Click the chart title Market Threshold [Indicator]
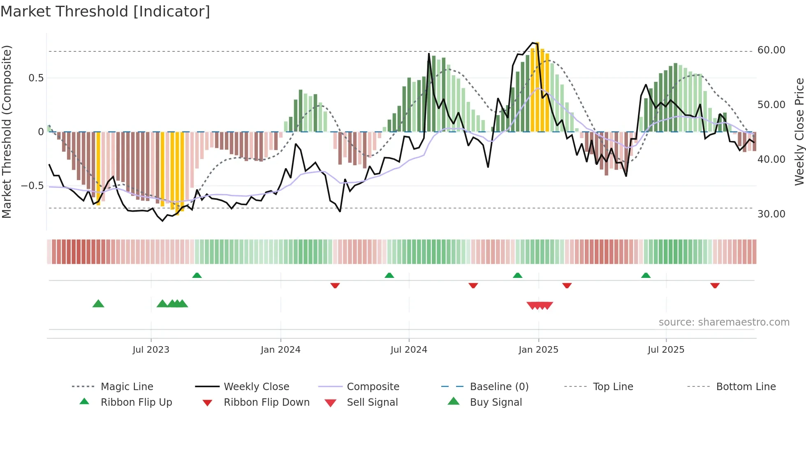click(105, 12)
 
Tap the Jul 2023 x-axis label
click(151, 350)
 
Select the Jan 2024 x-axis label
click(280, 350)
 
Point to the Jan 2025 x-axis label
click(538, 350)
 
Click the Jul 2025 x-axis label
click(666, 350)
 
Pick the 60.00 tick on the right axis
click(771, 50)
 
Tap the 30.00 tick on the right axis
click(771, 214)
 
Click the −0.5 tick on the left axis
click(32, 186)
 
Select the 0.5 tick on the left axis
click(36, 78)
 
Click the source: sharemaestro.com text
click(724, 322)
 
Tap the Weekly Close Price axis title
click(799, 132)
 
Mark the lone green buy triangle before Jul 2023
click(98, 304)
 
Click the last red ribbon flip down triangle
click(715, 285)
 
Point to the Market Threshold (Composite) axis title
click(7, 132)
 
